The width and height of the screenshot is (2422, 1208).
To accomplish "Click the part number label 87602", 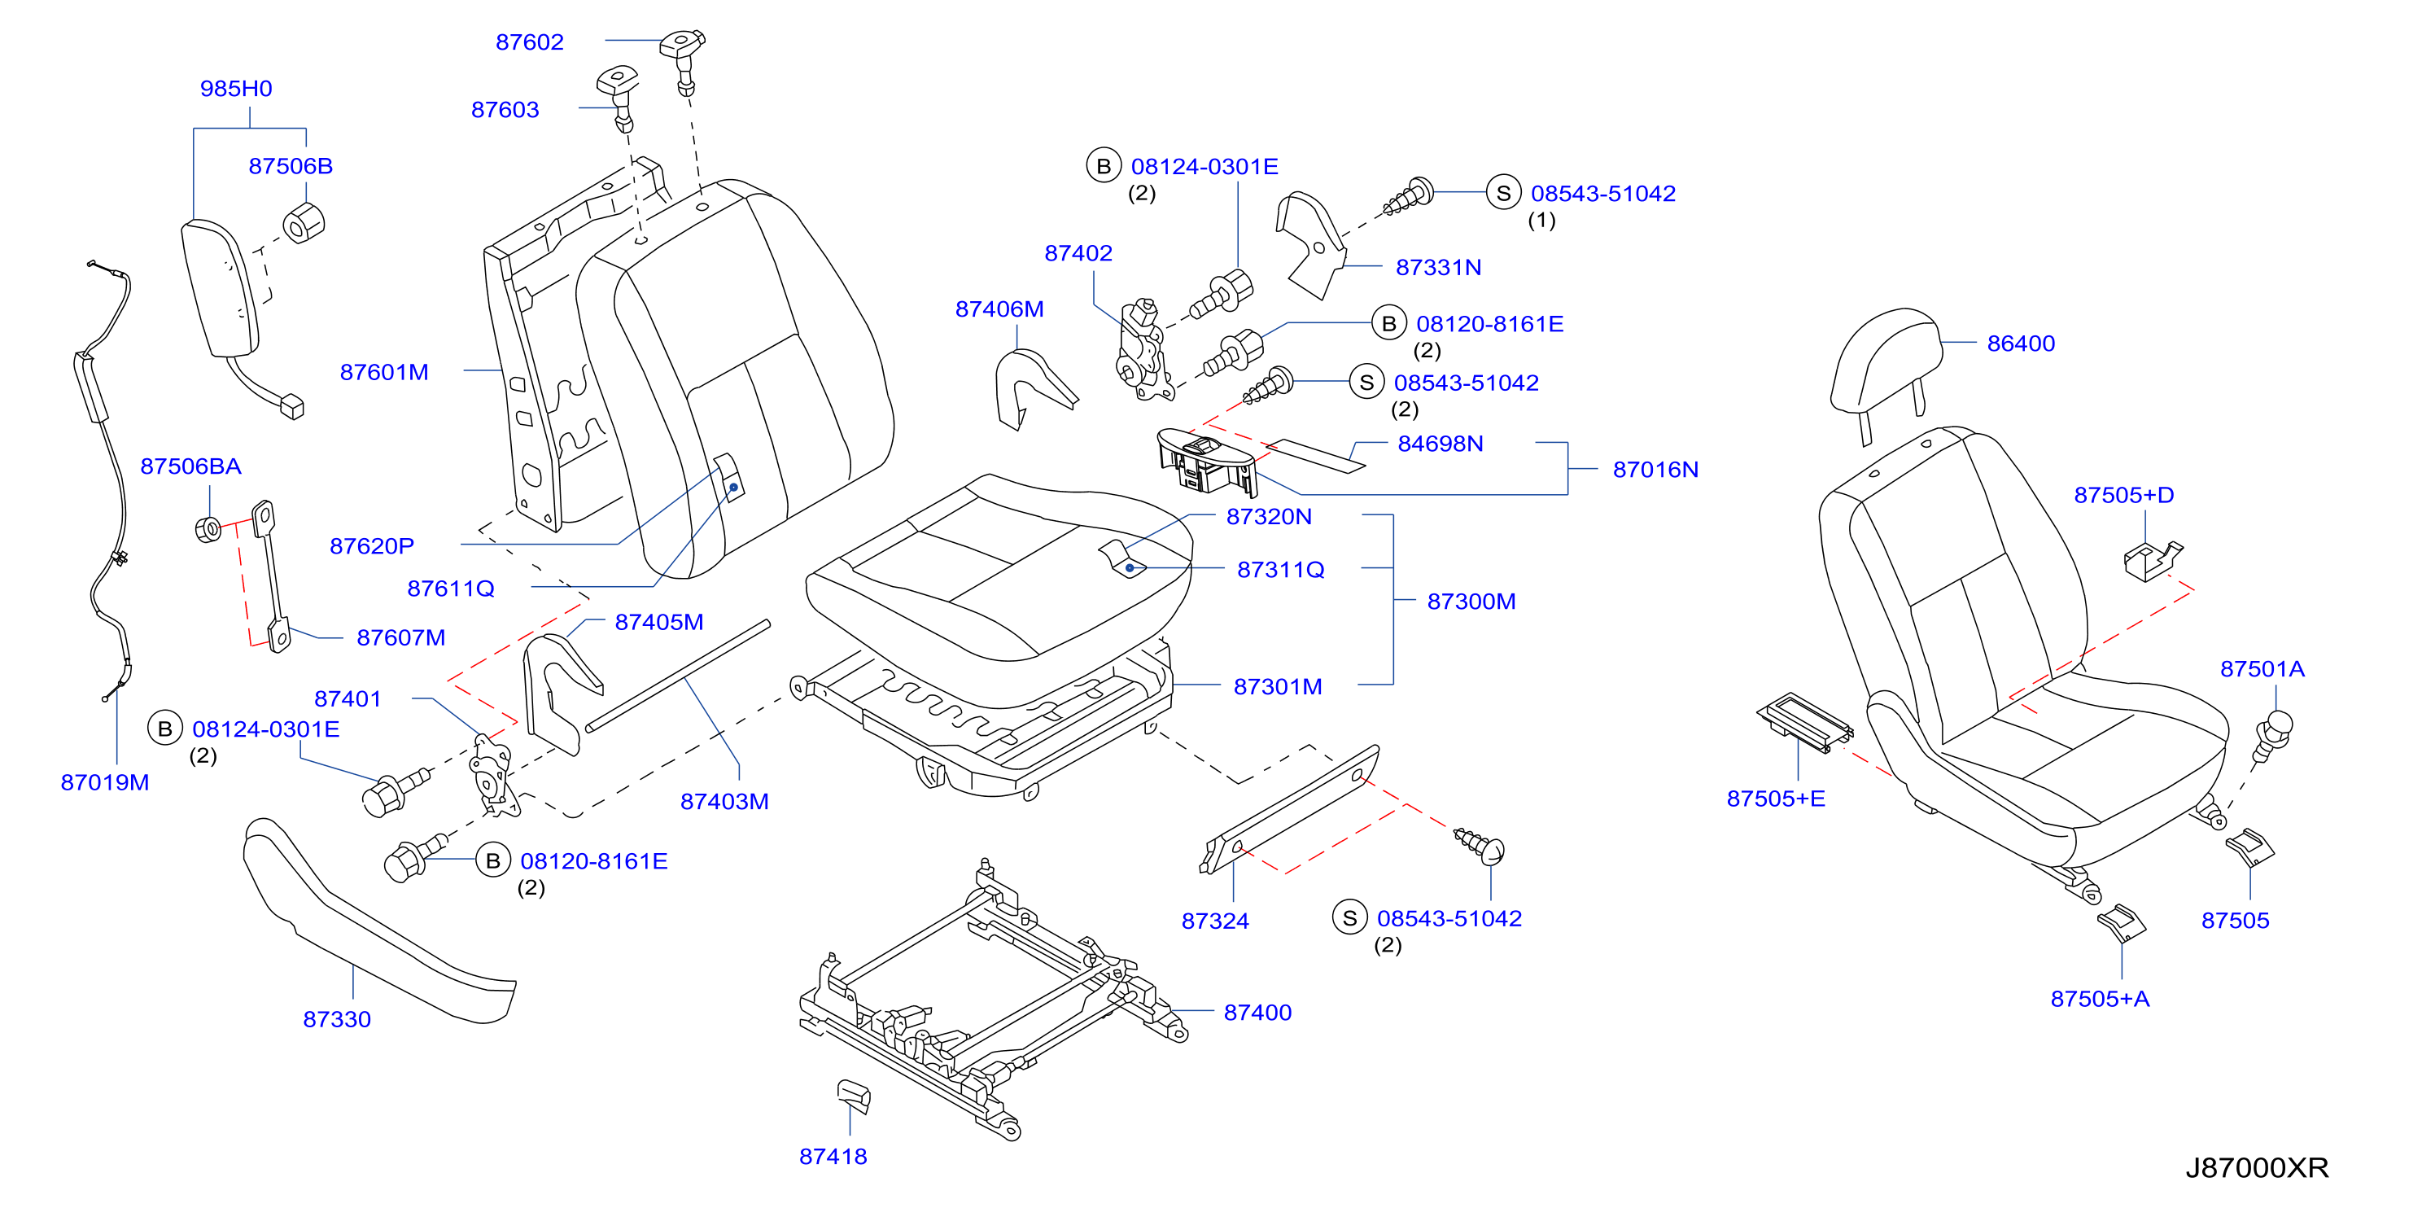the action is [x=529, y=42].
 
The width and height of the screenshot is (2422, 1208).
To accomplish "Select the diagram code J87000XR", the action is [x=2257, y=1167].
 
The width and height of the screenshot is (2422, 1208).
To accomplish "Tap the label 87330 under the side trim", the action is [x=337, y=1019].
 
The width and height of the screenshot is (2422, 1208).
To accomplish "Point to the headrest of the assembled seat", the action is [x=1885, y=362].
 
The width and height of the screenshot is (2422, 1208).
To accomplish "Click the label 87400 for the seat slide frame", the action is [x=1257, y=1013].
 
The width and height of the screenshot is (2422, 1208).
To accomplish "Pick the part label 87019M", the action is [x=104, y=782].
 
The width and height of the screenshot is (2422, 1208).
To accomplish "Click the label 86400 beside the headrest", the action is [x=2021, y=344].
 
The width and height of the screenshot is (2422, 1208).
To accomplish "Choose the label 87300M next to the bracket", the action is [x=1471, y=602].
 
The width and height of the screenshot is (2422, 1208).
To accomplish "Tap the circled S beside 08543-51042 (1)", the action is [x=1502, y=193].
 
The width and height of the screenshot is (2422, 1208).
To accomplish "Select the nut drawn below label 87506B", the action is [x=304, y=223].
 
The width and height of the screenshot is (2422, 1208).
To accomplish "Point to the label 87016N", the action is [x=1655, y=469].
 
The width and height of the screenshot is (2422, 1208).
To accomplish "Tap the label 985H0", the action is [x=236, y=89].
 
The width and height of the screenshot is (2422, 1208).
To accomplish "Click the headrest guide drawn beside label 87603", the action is [x=619, y=96].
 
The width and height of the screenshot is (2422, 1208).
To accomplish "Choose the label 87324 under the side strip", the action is [x=1215, y=921].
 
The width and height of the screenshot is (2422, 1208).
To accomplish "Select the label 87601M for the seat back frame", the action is [x=383, y=372].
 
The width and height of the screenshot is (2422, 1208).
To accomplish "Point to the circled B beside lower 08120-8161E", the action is [x=492, y=860].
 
